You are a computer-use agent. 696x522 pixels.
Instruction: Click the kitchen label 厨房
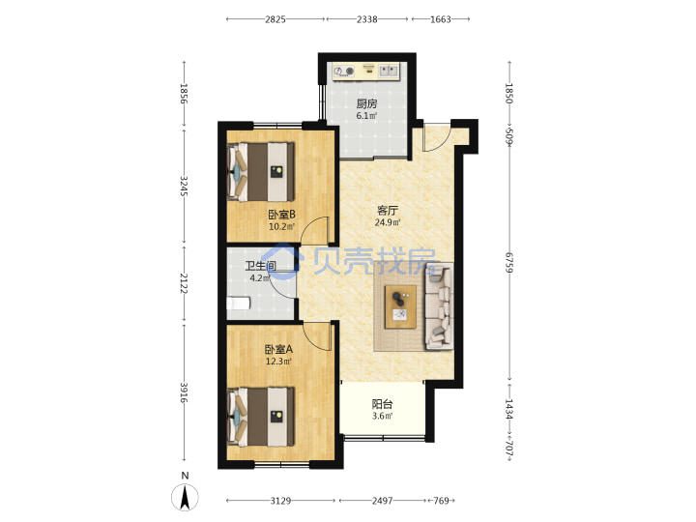pyautogui.click(x=366, y=103)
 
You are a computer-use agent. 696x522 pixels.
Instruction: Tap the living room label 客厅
pyautogui.click(x=388, y=210)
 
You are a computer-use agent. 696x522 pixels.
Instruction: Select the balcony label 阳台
pyautogui.click(x=382, y=404)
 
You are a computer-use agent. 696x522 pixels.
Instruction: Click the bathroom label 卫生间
pyautogui.click(x=261, y=266)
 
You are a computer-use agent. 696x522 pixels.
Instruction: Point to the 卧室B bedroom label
pyautogui.click(x=281, y=215)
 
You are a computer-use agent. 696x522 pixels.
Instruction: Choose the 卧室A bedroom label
pyautogui.click(x=278, y=349)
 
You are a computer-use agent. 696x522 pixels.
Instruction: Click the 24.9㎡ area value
pyautogui.click(x=388, y=222)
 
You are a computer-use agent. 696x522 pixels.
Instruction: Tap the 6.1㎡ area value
pyautogui.click(x=366, y=116)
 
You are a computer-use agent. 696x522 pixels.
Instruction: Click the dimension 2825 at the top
pyautogui.click(x=275, y=19)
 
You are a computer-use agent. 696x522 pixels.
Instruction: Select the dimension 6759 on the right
pyautogui.click(x=509, y=263)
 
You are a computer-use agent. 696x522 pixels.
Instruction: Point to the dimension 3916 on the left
pyautogui.click(x=184, y=392)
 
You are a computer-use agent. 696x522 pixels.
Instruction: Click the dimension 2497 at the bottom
pyautogui.click(x=382, y=501)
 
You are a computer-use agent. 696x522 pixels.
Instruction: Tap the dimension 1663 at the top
pyautogui.click(x=441, y=19)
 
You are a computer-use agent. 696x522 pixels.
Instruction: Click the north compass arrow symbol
pyautogui.click(x=185, y=498)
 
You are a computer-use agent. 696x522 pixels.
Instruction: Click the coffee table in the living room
pyautogui.click(x=400, y=306)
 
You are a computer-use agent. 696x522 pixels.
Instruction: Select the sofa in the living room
pyautogui.click(x=440, y=306)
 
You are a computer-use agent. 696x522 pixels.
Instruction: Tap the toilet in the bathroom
pyautogui.click(x=239, y=304)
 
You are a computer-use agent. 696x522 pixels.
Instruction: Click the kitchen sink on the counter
pyautogui.click(x=389, y=71)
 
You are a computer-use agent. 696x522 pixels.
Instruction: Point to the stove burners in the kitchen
pyautogui.click(x=344, y=71)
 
